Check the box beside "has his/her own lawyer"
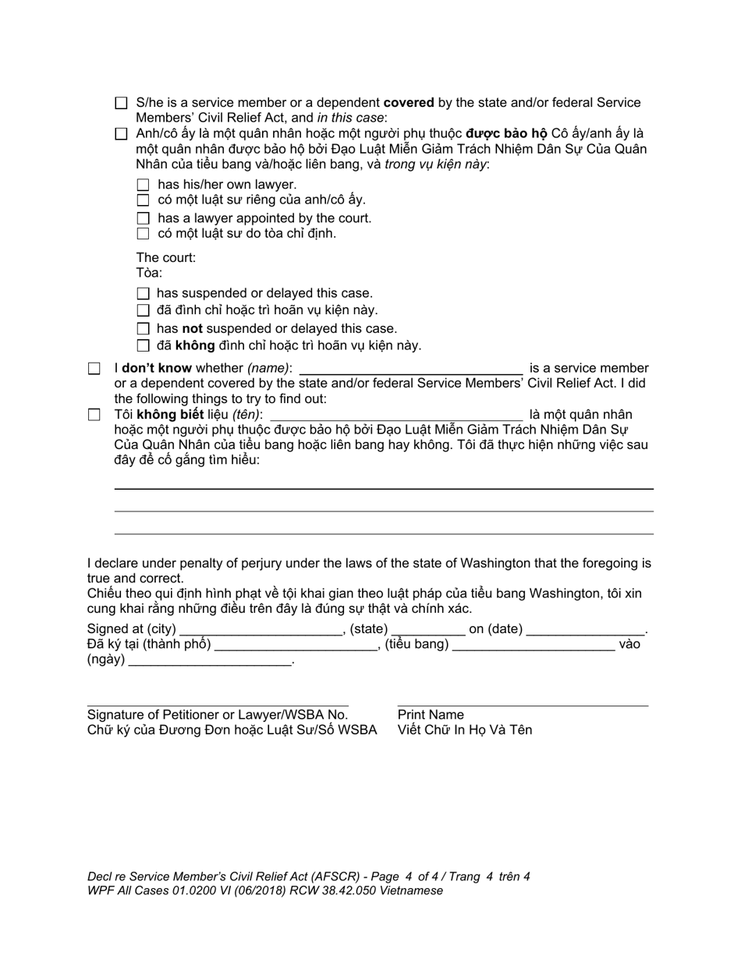(143, 185)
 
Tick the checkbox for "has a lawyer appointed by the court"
(143, 218)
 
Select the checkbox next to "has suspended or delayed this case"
(143, 294)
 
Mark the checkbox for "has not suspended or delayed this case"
(143, 329)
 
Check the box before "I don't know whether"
(94, 368)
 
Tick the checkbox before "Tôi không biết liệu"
(94, 415)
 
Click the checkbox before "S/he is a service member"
(121, 103)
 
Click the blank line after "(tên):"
(395, 415)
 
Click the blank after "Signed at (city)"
(261, 629)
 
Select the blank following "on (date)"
(586, 629)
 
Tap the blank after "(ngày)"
(209, 660)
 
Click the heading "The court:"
(166, 257)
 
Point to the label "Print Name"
(431, 715)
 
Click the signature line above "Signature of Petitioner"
(218, 704)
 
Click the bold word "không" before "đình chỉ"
(194, 345)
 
